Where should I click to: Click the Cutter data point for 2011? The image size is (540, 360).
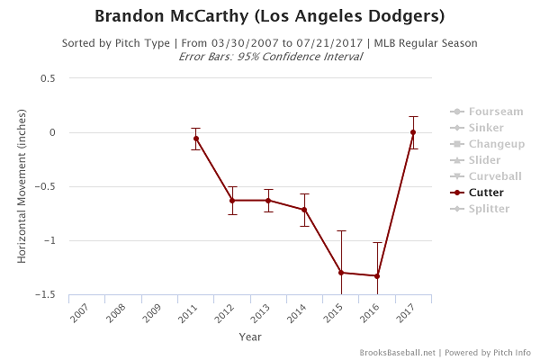(x=195, y=139)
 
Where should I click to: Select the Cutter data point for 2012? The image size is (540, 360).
(x=232, y=200)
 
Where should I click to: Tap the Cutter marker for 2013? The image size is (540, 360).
(x=268, y=200)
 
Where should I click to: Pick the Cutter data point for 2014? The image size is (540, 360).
(x=305, y=210)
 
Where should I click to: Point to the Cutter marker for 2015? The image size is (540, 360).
(x=341, y=273)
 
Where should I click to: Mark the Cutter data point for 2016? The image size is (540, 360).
(x=377, y=275)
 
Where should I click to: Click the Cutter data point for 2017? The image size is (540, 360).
(x=413, y=132)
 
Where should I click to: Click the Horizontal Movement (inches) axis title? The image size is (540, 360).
(x=22, y=186)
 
